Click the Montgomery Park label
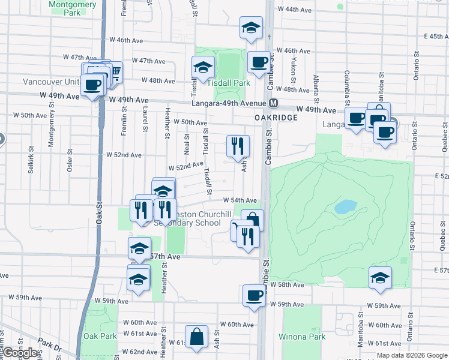point(73,8)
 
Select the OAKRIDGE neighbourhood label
point(276,118)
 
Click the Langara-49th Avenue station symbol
point(273,103)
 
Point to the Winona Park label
point(303,337)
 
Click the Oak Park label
point(100,336)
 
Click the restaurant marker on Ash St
point(238,145)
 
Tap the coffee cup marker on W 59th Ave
point(255,295)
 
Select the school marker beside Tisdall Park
point(203,67)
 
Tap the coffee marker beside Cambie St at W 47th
point(259,62)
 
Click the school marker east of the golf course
point(380,277)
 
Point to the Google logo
point(20,353)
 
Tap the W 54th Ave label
point(240,200)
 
